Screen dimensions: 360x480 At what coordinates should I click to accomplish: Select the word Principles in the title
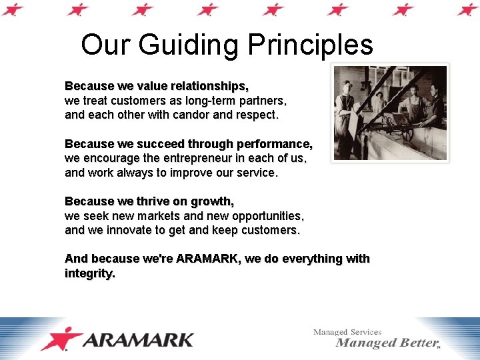tap(310, 46)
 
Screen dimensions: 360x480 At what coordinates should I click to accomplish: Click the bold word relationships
tap(209, 87)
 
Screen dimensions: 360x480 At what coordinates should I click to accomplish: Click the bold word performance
tap(273, 144)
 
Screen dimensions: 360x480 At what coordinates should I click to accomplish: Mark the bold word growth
tap(212, 201)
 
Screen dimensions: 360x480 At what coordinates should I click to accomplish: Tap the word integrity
tap(89, 273)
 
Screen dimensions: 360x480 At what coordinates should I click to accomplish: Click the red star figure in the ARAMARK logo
tap(61, 339)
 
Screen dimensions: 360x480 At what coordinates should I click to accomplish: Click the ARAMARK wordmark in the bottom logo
tap(139, 339)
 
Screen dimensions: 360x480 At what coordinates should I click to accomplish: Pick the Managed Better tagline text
tap(386, 343)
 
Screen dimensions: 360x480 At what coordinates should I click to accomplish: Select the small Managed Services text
tap(347, 331)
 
